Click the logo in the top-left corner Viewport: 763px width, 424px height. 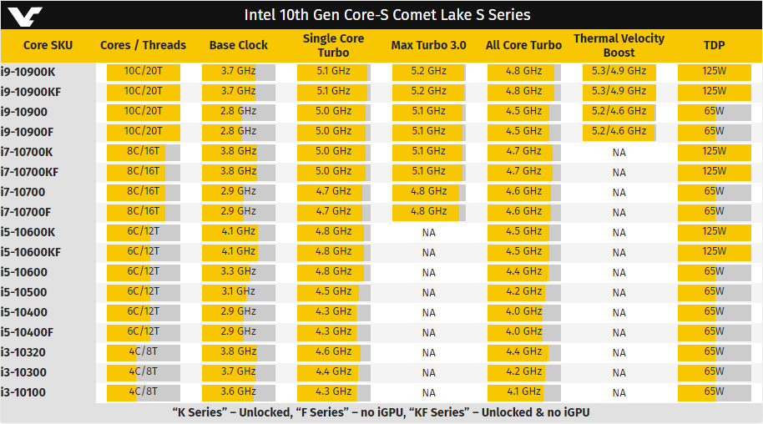click(x=23, y=14)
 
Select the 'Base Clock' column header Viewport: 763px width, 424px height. click(x=239, y=45)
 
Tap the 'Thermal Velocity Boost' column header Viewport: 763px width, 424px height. click(x=619, y=45)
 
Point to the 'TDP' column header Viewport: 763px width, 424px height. click(x=714, y=45)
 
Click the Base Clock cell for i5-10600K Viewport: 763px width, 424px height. click(x=239, y=231)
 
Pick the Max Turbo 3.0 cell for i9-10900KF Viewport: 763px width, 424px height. click(x=429, y=91)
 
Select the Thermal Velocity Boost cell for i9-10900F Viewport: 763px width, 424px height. click(x=619, y=131)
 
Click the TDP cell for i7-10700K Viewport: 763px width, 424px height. click(x=714, y=151)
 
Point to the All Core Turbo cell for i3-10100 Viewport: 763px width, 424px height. click(x=524, y=391)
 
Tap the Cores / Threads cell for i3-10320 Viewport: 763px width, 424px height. click(x=143, y=351)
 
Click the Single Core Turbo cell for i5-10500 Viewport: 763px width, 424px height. click(x=334, y=291)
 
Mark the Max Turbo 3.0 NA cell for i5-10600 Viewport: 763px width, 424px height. click(x=429, y=272)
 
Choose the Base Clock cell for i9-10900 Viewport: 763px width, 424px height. click(x=239, y=111)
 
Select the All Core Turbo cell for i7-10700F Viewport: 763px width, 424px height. click(x=524, y=211)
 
